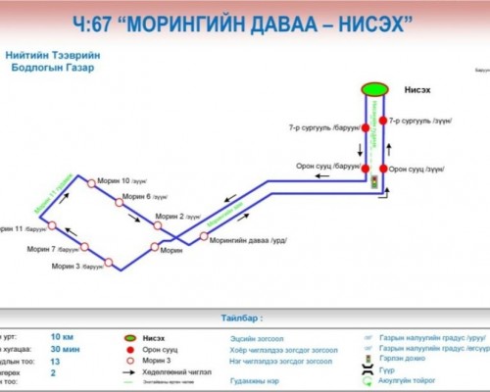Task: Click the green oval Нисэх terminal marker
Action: [373, 89]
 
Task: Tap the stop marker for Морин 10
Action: [91, 181]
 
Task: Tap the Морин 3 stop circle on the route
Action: [108, 263]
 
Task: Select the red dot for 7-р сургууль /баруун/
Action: [365, 127]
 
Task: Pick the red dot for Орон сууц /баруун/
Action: [365, 167]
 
